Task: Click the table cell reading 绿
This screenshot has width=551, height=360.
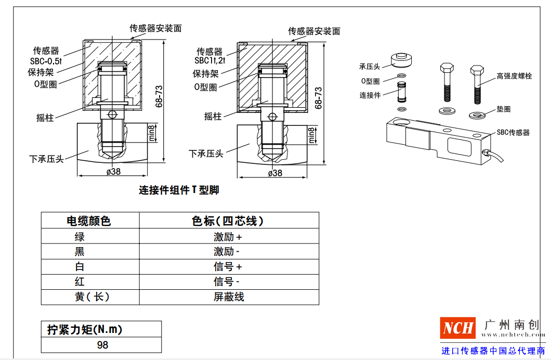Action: click(x=80, y=237)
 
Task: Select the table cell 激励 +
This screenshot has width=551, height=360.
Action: click(x=228, y=237)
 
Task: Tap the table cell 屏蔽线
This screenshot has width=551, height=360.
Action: click(x=229, y=297)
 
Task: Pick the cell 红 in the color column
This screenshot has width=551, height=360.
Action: click(x=80, y=282)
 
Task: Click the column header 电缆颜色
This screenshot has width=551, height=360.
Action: click(x=89, y=221)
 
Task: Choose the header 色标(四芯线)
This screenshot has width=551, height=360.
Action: click(x=228, y=221)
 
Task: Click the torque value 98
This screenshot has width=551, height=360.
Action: click(x=102, y=345)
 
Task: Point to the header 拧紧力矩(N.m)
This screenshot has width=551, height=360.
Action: click(x=85, y=329)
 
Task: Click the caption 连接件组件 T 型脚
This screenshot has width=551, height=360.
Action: click(x=179, y=190)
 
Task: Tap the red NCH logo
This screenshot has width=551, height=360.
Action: click(x=458, y=328)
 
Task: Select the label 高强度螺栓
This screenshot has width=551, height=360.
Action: click(x=514, y=76)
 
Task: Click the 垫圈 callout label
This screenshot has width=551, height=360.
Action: click(x=503, y=109)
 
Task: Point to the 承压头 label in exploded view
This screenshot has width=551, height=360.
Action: click(x=370, y=67)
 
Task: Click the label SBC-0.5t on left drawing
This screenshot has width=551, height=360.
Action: click(x=46, y=61)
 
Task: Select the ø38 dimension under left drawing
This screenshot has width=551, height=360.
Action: click(x=113, y=172)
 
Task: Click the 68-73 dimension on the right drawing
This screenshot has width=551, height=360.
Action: click(x=319, y=97)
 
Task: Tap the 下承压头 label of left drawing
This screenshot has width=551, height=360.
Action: click(x=46, y=159)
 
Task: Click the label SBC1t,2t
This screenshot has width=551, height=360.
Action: click(x=209, y=61)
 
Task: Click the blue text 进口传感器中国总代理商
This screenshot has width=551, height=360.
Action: click(x=493, y=351)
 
